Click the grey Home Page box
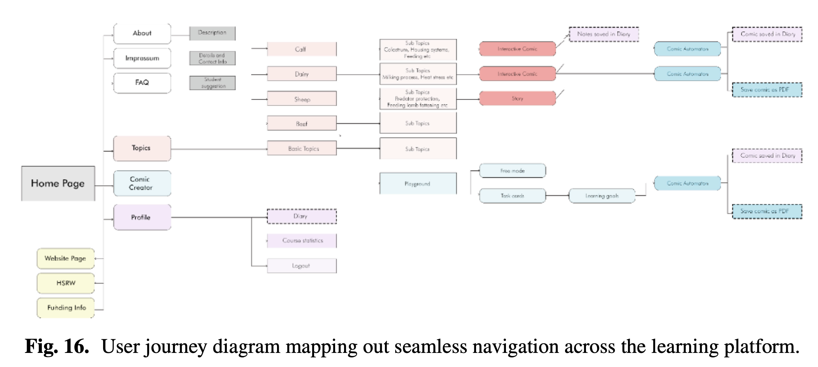58,183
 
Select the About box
142,34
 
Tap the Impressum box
142,58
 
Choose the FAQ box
142,83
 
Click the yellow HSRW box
66,283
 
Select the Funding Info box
66,308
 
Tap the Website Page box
66,258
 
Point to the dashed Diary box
302,216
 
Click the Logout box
302,266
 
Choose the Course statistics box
302,241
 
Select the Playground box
418,184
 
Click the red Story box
517,99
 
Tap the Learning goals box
602,196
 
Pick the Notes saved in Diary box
604,34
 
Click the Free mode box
512,171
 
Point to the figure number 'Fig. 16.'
57,346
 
